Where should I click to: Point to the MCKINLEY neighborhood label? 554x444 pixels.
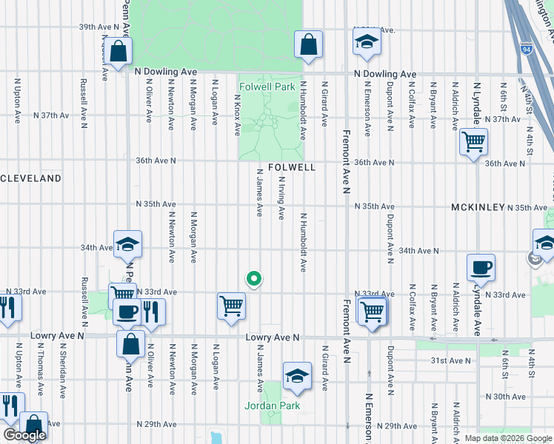tap(478, 208)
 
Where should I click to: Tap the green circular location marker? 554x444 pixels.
tap(253, 279)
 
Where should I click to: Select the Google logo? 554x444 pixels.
tap(24, 435)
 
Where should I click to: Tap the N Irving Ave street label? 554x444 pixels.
tap(281, 202)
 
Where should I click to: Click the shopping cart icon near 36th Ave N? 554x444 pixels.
tap(473, 141)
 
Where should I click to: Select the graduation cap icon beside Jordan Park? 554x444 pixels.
tap(297, 377)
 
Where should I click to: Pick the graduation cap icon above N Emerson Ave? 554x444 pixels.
tap(366, 43)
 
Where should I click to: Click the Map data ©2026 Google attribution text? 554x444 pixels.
tap(507, 438)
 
